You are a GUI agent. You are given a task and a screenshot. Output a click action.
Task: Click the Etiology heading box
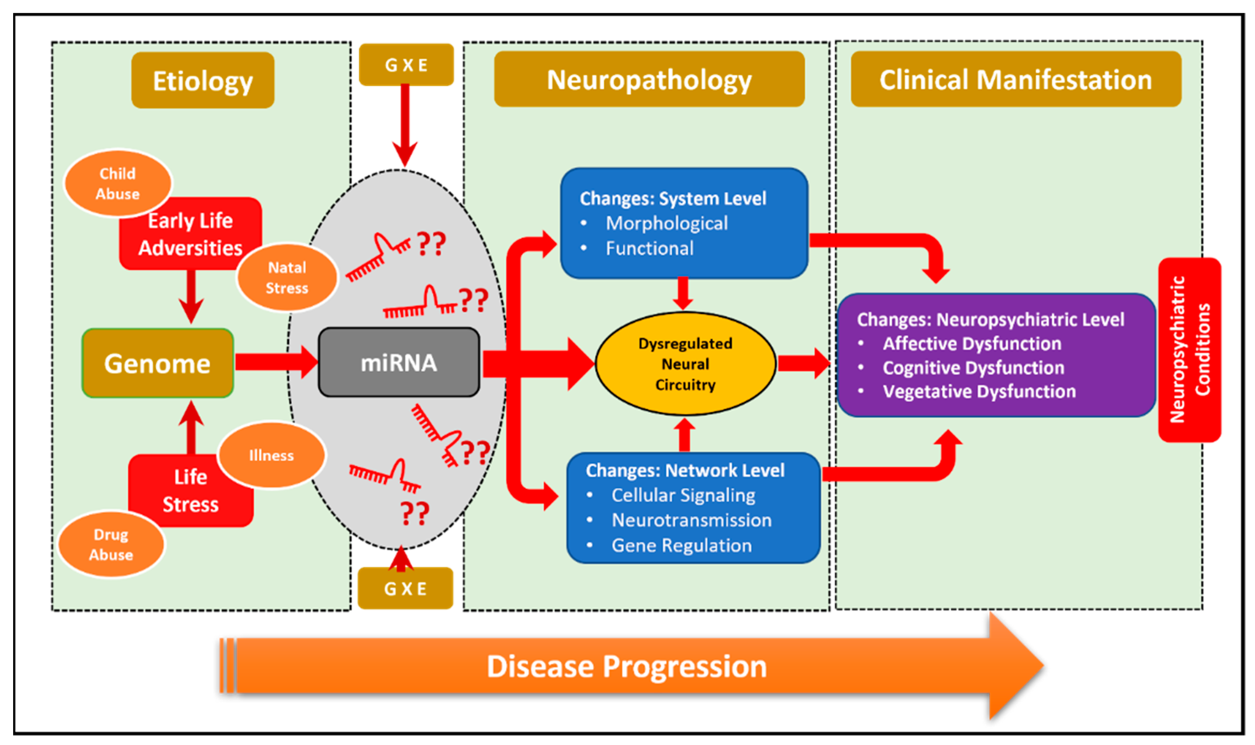tap(203, 80)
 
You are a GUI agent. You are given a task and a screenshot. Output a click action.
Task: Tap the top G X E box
tap(406, 65)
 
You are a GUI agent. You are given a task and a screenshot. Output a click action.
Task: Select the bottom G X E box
tap(405, 589)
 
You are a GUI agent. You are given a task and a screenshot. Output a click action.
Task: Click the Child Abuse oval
tap(117, 183)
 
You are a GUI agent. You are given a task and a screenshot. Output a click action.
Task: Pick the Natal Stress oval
tap(287, 277)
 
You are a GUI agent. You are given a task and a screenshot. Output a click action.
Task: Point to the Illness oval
tap(272, 455)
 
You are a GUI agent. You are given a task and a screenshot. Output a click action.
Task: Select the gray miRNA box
tap(399, 362)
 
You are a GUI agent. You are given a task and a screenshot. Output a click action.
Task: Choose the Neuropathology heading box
tap(649, 79)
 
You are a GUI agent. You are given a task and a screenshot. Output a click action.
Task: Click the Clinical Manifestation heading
tap(1016, 79)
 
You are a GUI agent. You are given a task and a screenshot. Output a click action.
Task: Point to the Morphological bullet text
tap(666, 223)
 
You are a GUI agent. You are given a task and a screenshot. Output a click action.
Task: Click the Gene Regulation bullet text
tap(681, 546)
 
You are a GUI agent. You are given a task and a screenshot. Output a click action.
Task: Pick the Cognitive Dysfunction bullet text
tap(973, 368)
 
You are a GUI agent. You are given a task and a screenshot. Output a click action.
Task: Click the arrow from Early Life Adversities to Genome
tap(191, 296)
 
